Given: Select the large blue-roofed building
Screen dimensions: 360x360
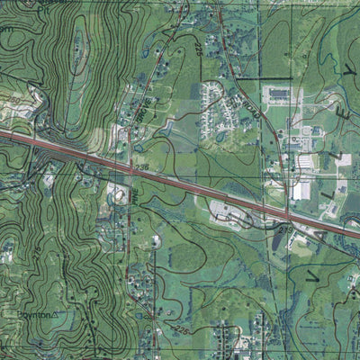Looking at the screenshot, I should point(278,94).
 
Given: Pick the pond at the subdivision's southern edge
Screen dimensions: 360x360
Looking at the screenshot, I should point(221,136).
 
